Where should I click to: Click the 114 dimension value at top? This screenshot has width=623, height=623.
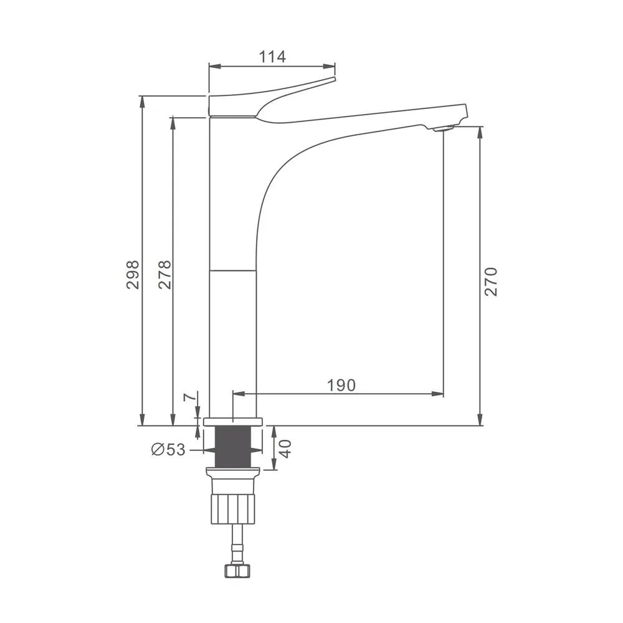[x=272, y=57]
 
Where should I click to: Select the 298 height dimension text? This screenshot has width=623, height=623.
[x=133, y=275]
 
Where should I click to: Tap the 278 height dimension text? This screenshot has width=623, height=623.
[x=164, y=275]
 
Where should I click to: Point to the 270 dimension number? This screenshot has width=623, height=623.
[x=491, y=282]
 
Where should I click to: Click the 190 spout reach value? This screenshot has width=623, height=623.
[x=341, y=385]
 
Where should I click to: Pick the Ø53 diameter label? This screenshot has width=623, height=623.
[x=168, y=450]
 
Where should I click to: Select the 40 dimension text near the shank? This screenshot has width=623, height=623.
[x=286, y=449]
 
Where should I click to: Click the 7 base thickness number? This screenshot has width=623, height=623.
[x=191, y=397]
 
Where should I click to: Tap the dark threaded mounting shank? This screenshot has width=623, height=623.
[x=233, y=447]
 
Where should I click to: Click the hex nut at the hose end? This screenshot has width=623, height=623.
[x=237, y=571]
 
